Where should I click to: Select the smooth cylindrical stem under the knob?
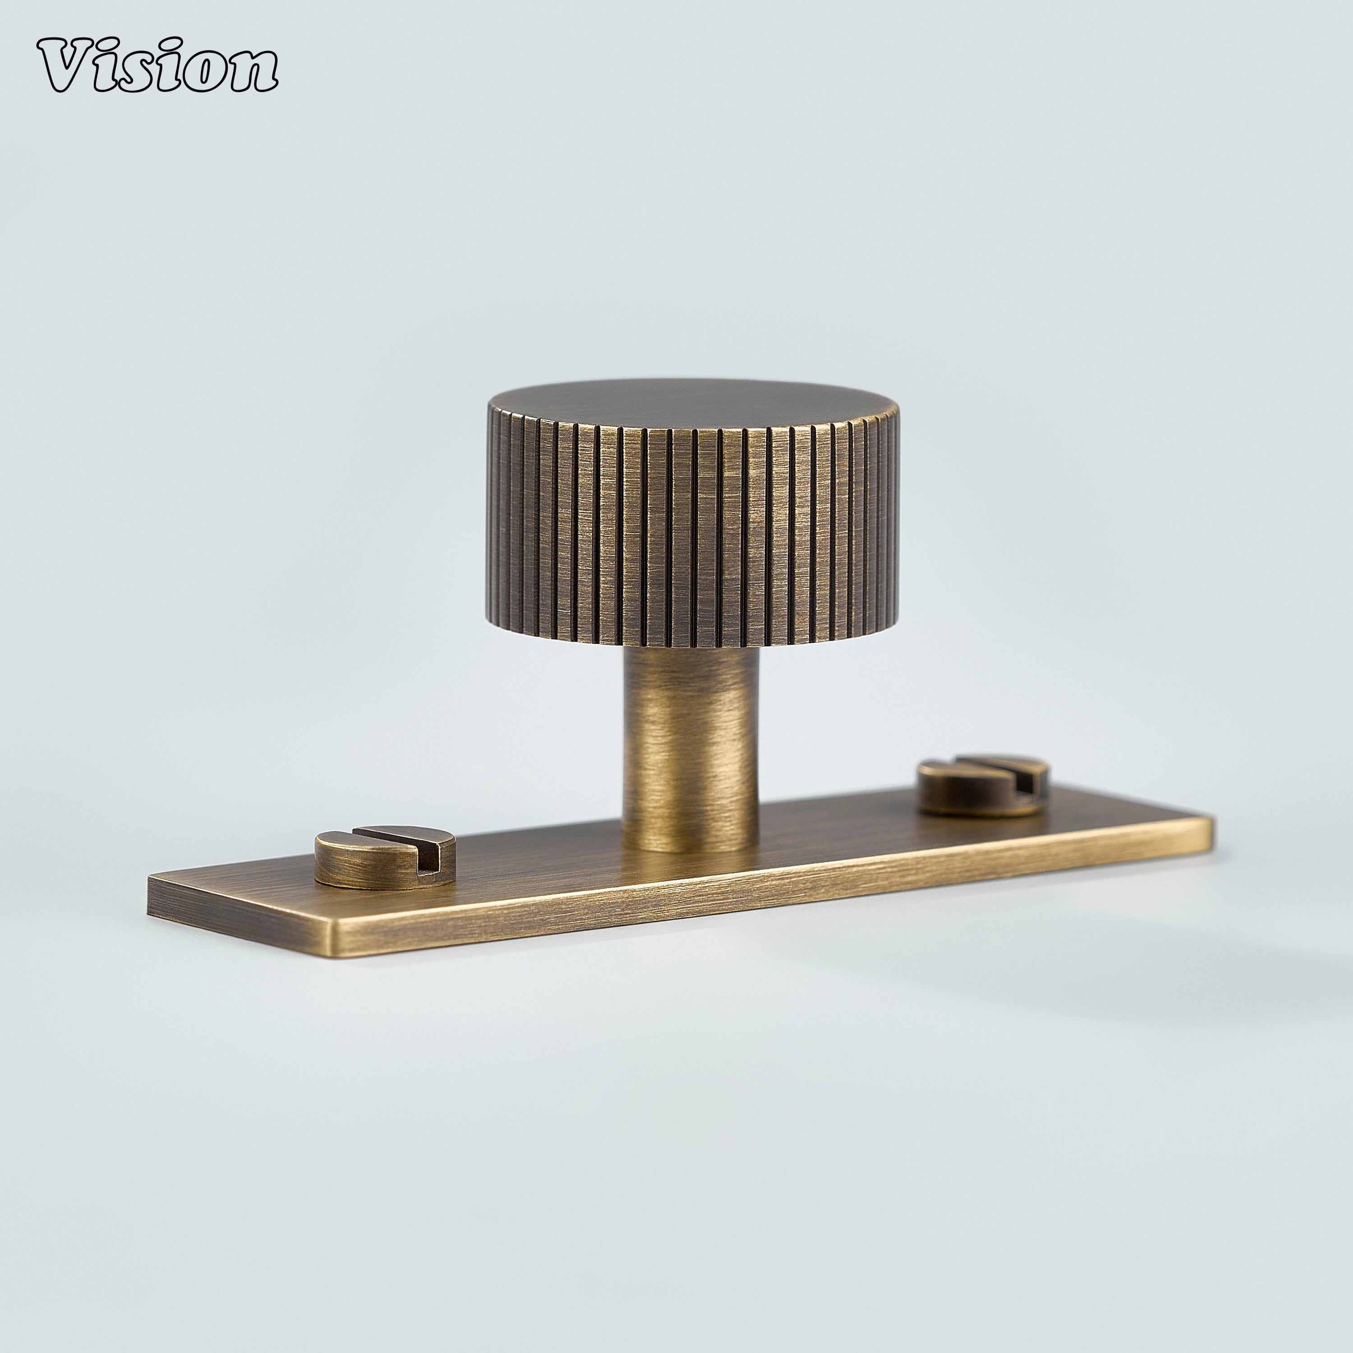[690, 742]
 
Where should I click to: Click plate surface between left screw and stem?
[539, 858]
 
